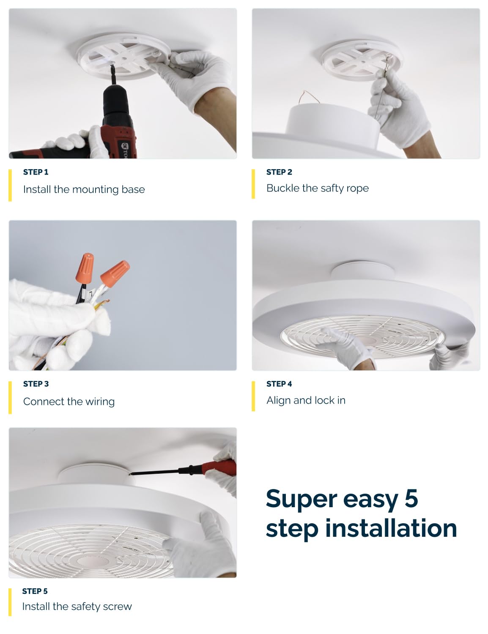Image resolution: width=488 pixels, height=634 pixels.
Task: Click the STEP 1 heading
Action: [x=36, y=172]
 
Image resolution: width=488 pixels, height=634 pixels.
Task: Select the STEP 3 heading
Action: [x=36, y=384]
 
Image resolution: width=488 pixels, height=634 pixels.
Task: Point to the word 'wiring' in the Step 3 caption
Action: [x=100, y=402]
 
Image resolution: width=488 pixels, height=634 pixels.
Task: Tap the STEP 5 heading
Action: [x=35, y=591]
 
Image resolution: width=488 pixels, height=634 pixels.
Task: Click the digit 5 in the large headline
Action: [x=411, y=499]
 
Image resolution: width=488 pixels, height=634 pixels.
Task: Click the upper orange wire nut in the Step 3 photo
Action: [x=85, y=269]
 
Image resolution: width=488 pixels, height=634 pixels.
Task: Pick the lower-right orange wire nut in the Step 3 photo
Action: [x=115, y=273]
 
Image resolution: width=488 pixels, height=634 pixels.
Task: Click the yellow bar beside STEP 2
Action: [x=253, y=184]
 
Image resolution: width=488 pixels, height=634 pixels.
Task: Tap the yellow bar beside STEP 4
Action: [x=253, y=396]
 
